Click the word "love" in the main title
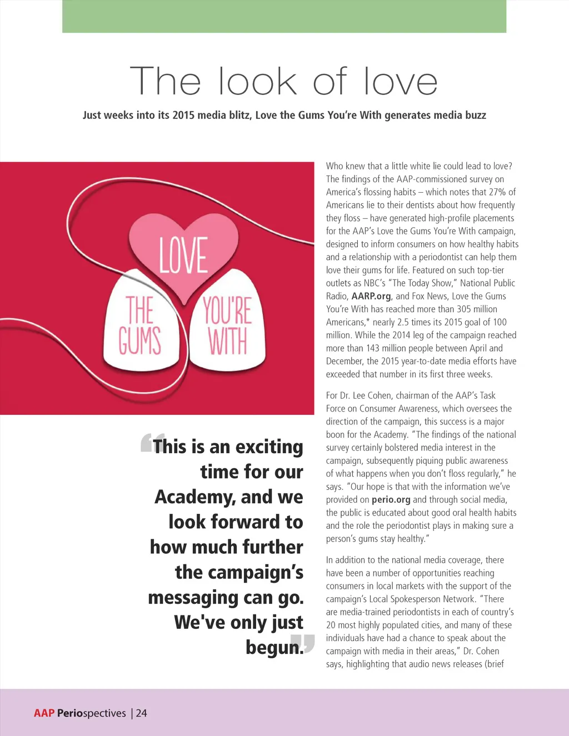(x=400, y=82)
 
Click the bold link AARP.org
(x=371, y=296)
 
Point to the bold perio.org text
(x=391, y=499)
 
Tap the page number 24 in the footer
(x=142, y=713)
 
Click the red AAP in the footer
(x=44, y=713)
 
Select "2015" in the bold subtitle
(x=183, y=116)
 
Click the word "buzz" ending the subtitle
(x=476, y=116)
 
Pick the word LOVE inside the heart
(x=183, y=255)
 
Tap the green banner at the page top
(x=284, y=16)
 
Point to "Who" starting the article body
(x=335, y=166)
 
